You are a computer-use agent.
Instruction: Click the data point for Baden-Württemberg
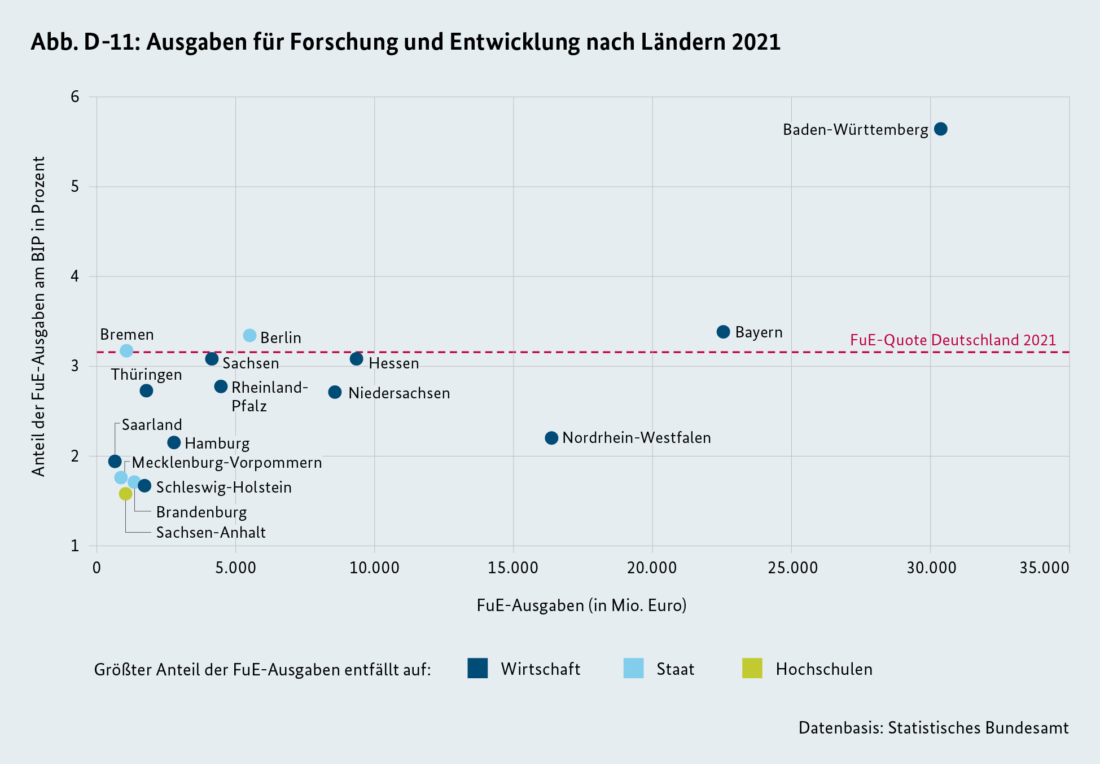[940, 129]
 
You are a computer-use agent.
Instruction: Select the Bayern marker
[723, 332]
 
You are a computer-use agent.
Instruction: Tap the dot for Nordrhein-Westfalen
[551, 438]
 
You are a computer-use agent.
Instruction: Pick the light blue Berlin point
[249, 336]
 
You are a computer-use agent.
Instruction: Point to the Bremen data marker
[126, 350]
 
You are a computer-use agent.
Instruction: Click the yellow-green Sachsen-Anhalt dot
[125, 494]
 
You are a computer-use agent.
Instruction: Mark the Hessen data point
[356, 359]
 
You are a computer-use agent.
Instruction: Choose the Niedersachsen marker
[335, 392]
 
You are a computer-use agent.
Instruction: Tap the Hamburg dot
[174, 443]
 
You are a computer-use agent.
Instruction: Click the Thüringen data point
[146, 390]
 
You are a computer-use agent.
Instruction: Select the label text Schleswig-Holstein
[223, 488]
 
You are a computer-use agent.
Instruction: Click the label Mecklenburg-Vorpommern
[227, 463]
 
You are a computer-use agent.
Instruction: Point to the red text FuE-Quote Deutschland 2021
[953, 340]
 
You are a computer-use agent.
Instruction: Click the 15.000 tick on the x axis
[513, 568]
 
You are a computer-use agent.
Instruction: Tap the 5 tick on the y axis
[75, 187]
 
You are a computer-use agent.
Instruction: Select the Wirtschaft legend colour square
[477, 668]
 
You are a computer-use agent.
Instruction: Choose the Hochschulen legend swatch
[752, 668]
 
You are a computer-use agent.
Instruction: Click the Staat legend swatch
[633, 668]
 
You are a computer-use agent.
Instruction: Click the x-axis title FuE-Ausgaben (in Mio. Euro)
[581, 605]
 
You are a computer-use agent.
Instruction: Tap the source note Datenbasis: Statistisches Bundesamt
[933, 728]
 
